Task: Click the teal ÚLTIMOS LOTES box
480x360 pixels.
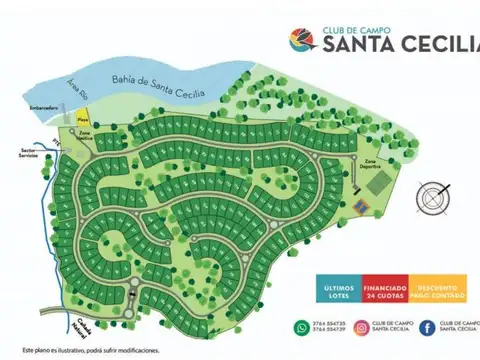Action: coord(341,290)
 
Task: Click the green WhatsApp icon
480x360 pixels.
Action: coord(302,327)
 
